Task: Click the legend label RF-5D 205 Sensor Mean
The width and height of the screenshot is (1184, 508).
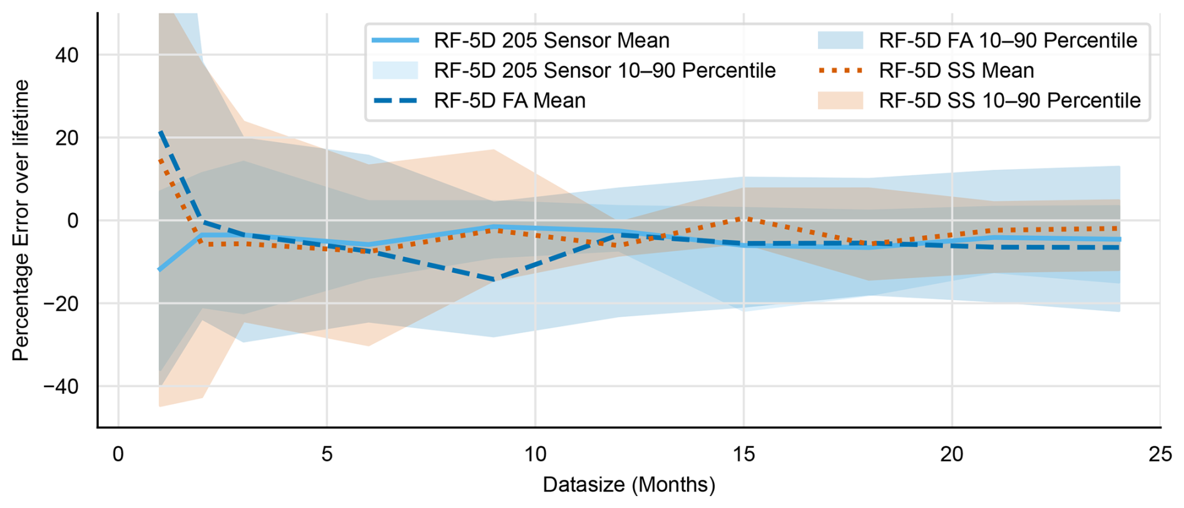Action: point(551,41)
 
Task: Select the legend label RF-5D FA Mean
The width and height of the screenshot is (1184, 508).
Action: point(509,101)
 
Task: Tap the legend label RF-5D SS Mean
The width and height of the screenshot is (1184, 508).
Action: point(956,71)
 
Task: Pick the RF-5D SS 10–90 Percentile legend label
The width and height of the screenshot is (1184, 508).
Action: point(1009,101)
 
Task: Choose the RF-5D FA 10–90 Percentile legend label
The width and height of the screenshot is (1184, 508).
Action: point(1008,41)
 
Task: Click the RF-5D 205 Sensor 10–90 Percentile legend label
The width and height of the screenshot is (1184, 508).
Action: point(605,71)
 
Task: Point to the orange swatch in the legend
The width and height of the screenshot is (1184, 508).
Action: point(840,101)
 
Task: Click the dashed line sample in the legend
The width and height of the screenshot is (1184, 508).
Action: point(396,101)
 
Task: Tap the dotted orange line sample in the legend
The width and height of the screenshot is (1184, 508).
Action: point(840,71)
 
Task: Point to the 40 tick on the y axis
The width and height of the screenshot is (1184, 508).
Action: point(66,55)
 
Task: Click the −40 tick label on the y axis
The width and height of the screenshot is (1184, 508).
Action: point(61,386)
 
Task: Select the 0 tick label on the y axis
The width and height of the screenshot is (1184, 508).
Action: point(73,220)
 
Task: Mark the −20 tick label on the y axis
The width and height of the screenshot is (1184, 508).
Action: point(61,304)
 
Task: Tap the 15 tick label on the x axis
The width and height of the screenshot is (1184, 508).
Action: point(743,454)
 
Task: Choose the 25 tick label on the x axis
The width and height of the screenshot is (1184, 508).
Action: point(1160,454)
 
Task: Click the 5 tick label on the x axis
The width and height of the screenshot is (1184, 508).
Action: point(327,454)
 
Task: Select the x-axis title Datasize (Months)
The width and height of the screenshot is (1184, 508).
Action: point(628,485)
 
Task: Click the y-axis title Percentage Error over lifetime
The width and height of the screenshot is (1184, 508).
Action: point(21,220)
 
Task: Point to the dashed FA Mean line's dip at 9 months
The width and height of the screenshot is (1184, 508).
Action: point(494,279)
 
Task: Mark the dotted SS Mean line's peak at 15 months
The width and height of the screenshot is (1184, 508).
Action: point(743,219)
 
